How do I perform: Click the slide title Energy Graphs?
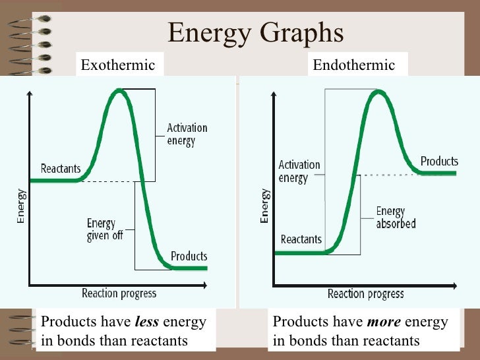tap(255, 33)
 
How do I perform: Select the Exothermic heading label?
tap(117, 65)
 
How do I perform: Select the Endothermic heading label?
tap(353, 65)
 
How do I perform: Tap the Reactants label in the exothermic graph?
tap(61, 168)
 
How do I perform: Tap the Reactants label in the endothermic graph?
tap(301, 239)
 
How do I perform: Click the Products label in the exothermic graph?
tap(189, 256)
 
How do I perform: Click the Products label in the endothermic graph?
tap(438, 162)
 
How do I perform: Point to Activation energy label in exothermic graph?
tap(187, 135)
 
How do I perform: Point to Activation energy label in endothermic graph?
tap(299, 171)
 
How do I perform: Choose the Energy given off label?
tap(105, 229)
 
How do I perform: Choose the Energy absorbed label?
tap(396, 218)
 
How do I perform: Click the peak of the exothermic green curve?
tap(119, 90)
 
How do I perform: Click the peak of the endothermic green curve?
tap(376, 91)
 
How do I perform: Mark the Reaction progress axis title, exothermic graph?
tap(119, 293)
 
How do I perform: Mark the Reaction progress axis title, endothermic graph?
tap(365, 293)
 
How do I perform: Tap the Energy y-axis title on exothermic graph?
tap(21, 206)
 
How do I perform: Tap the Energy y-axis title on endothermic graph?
tap(264, 206)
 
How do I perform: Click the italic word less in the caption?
tap(146, 322)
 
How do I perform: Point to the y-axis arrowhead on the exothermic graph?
tap(29, 94)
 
